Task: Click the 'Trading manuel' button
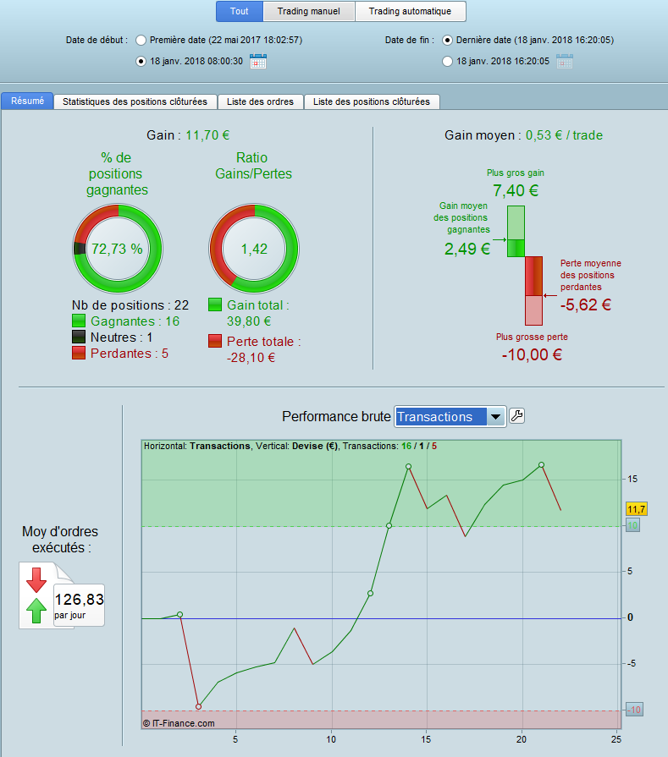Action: [x=309, y=12]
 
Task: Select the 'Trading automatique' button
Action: [x=411, y=12]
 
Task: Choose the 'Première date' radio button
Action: [x=141, y=40]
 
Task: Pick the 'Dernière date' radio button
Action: [x=447, y=40]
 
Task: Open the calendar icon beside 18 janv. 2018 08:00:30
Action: [x=259, y=61]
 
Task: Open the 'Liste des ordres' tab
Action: [x=260, y=101]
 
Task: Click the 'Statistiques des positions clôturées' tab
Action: [x=135, y=101]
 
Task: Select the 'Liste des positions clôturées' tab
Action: [x=371, y=101]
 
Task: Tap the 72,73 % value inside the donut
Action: [x=117, y=249]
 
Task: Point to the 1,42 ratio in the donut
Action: [x=253, y=249]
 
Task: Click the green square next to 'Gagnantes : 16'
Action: [x=80, y=321]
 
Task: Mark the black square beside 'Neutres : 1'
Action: [x=80, y=337]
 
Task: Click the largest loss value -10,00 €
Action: [x=533, y=354]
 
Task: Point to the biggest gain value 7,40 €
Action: [x=516, y=190]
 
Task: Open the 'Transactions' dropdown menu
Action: [x=450, y=416]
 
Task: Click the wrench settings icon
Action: [x=517, y=415]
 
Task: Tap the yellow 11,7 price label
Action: [x=636, y=509]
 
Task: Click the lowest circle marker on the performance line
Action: [x=198, y=706]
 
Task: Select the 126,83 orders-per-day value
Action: [x=78, y=600]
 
